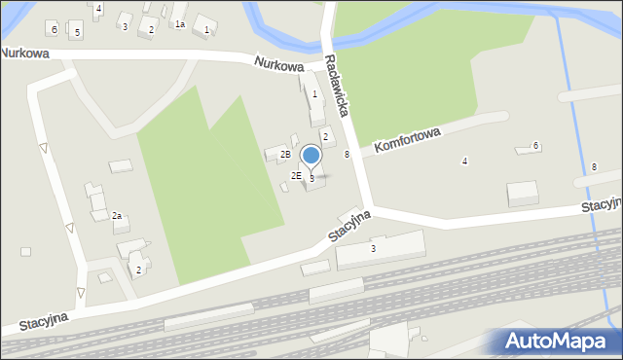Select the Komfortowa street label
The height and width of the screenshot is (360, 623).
pos(408,141)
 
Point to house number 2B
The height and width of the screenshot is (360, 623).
pos(285,155)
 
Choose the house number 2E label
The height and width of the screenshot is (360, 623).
pos(296,175)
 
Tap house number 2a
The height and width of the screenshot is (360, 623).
pos(116,215)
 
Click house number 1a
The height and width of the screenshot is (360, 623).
pos(179,24)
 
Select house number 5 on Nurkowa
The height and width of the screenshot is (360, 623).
pos(77,33)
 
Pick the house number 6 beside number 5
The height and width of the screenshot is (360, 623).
pos(55,29)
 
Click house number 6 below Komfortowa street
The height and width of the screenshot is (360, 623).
pos(536,146)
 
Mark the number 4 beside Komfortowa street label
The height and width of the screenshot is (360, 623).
pos(464,161)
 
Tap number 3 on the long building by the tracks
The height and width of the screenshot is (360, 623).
pos(373,249)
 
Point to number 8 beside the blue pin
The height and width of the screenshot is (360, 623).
pos(347,155)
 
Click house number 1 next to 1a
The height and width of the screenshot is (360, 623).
pos(206,30)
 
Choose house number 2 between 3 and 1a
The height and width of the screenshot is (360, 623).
pos(151,30)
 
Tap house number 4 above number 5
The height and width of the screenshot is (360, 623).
pos(98,8)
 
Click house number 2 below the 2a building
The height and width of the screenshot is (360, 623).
pos(138,270)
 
